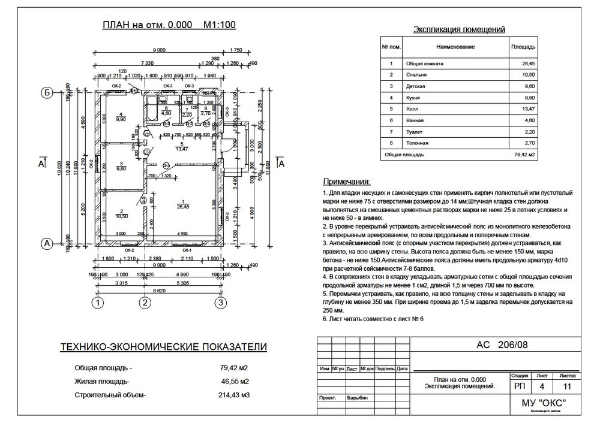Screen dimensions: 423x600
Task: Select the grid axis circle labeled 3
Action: (x=221, y=303)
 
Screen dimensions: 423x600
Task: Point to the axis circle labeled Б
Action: (x=45, y=92)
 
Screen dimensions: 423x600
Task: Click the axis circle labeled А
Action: (x=45, y=243)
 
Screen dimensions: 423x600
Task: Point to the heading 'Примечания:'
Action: (x=347, y=181)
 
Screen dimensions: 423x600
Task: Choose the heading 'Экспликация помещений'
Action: (x=460, y=29)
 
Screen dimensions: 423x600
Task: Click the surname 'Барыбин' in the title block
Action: (x=357, y=398)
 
